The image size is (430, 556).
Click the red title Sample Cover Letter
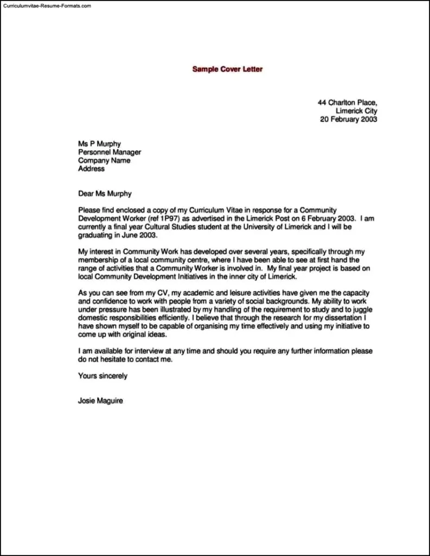coord(227,69)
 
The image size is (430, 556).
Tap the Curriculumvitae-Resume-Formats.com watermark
coord(47,5)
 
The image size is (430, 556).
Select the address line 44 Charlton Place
coord(347,102)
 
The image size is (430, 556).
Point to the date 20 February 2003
coord(348,119)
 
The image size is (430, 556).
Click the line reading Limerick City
coord(356,111)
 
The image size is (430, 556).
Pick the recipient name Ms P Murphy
coord(99,144)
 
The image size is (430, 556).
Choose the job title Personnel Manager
coord(110,153)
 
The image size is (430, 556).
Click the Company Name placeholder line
coord(104,161)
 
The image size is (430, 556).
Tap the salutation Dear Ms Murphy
coord(105,193)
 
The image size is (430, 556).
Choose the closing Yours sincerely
coord(103,376)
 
